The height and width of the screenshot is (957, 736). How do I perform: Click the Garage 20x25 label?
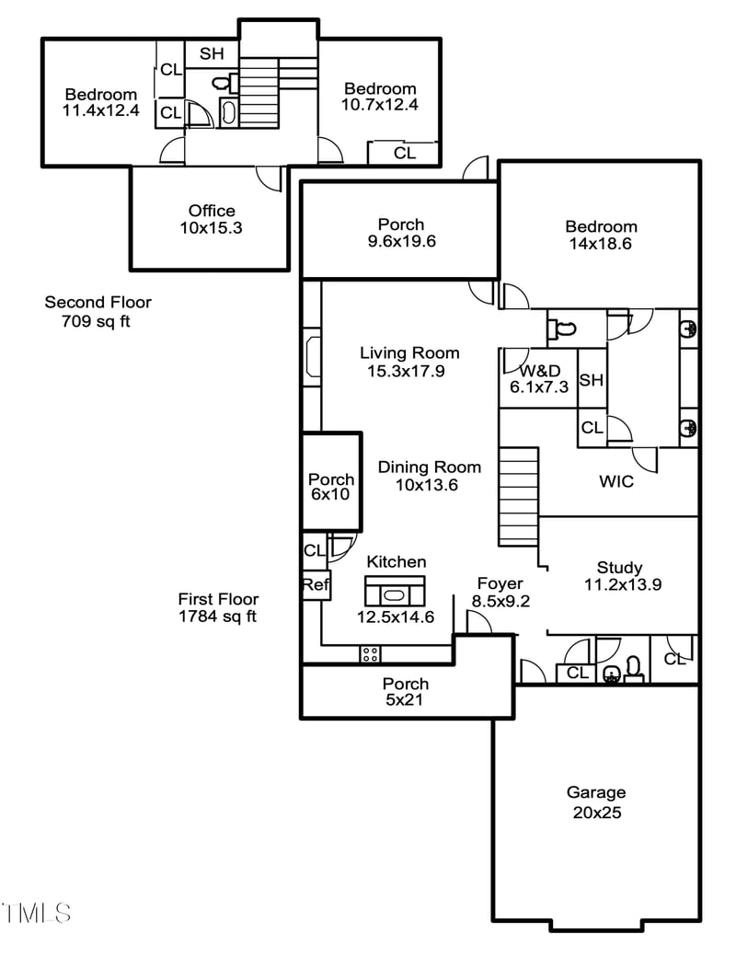coord(595,802)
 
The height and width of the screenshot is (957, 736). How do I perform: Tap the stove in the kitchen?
coord(371,654)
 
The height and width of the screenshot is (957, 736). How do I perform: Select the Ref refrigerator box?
coord(316,585)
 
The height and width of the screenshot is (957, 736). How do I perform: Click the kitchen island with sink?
coord(395,591)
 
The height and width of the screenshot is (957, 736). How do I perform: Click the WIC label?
coord(615,481)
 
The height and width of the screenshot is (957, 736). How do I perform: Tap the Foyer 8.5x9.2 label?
coord(500,592)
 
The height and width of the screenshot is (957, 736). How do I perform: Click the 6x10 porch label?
coord(331,487)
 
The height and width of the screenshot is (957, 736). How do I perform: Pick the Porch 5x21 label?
coord(405,692)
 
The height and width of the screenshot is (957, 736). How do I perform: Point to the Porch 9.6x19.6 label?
coord(401,233)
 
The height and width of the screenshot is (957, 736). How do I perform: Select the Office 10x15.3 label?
coord(212,219)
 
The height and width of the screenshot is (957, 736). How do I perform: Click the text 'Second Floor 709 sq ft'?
coord(98,311)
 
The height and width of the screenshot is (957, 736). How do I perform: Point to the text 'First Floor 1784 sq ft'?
coord(218,607)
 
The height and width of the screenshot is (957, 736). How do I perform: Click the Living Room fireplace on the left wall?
coord(312,357)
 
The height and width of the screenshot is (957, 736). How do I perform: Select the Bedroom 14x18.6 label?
coord(601,236)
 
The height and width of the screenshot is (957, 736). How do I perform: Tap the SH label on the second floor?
coord(212,54)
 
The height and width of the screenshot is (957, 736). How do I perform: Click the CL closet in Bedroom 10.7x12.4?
coord(404,153)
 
